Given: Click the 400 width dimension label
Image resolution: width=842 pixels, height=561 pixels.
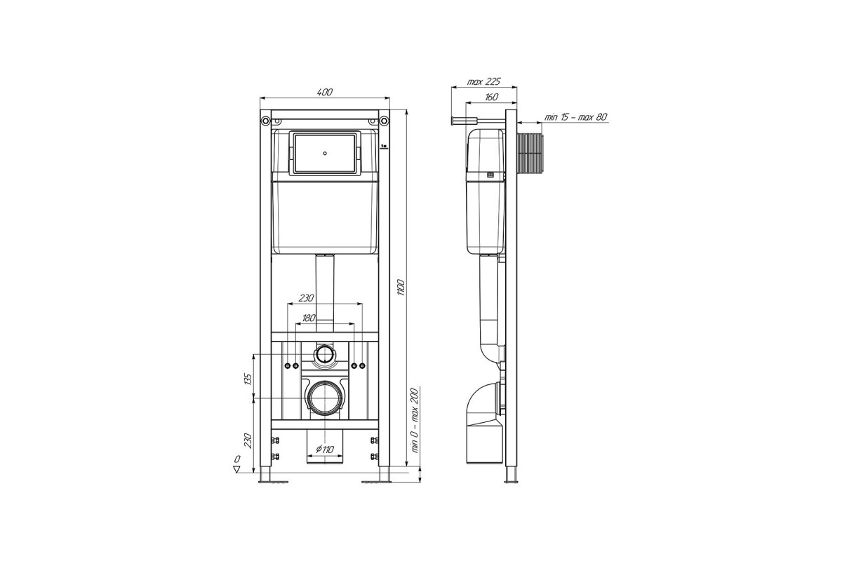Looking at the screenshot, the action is [325, 92].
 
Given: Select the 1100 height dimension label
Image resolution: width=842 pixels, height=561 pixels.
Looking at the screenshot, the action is [401, 288].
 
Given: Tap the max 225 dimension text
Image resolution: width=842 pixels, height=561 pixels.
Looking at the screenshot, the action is [483, 82].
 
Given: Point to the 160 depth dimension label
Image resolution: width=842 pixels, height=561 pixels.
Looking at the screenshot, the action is [491, 97].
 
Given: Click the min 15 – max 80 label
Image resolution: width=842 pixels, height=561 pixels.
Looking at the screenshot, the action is [576, 117].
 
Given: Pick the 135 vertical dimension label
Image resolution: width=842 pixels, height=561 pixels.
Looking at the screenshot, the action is [248, 380].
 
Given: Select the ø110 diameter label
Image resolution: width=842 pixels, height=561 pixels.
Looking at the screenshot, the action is [325, 449].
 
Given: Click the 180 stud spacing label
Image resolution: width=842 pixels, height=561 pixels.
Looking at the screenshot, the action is [308, 318].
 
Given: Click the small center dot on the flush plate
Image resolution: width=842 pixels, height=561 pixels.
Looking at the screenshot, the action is [325, 154].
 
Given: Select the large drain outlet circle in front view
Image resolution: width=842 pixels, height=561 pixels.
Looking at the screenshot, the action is [325, 398].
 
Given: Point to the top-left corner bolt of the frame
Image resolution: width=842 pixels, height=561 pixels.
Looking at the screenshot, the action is [265, 121].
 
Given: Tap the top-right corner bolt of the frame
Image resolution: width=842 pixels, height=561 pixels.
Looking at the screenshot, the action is [384, 121].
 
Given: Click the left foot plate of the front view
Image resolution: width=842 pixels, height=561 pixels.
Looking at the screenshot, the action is [273, 481].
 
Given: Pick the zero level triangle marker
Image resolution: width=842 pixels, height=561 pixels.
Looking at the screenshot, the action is [237, 469].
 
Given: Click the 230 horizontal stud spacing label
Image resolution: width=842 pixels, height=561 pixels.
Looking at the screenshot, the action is [307, 298].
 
